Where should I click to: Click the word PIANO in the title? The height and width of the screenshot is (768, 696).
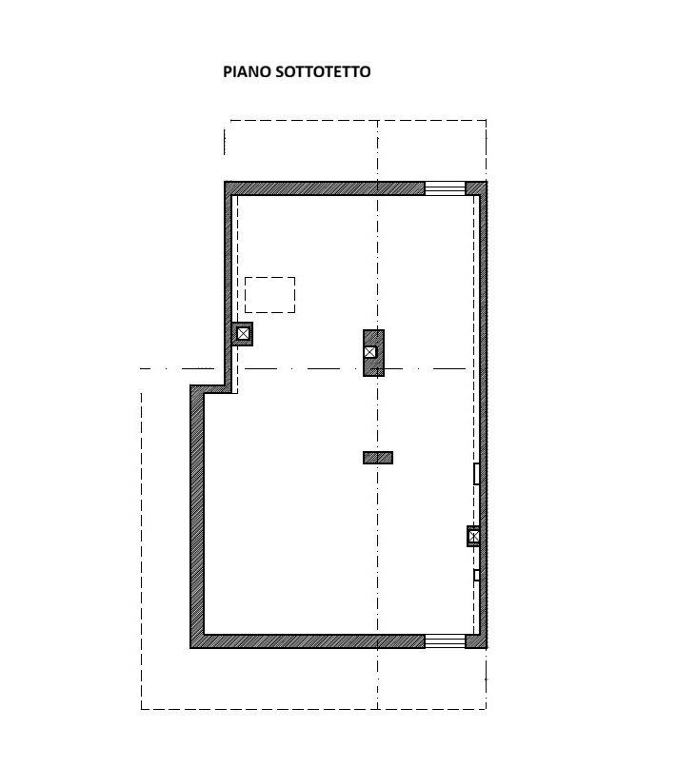point(247,71)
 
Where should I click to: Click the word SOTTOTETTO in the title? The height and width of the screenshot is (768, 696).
point(323,71)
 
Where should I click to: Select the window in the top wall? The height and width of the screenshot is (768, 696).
point(445,188)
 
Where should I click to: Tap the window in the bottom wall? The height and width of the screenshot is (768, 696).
point(445,641)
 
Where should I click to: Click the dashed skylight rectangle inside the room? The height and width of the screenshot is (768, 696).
point(270,277)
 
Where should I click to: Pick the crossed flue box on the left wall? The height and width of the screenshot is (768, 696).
point(242,334)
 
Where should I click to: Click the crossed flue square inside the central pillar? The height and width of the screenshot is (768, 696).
point(370,352)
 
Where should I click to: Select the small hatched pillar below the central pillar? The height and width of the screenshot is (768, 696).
point(378,458)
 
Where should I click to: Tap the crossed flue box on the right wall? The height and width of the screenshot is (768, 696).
point(473,537)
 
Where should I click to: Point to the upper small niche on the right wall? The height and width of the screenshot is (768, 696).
point(476,474)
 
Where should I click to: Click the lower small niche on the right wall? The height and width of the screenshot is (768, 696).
point(476,575)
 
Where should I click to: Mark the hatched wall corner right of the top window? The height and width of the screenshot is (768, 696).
point(476,188)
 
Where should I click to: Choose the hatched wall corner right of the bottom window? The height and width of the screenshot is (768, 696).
point(476,641)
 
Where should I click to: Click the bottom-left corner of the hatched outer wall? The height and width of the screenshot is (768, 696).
point(190,648)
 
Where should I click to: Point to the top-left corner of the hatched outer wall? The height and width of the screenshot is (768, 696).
point(225,182)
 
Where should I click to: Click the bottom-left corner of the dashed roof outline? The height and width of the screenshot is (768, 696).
point(142,709)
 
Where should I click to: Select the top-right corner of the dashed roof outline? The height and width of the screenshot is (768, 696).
point(486,121)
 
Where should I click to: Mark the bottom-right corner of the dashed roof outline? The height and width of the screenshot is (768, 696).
point(486,709)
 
